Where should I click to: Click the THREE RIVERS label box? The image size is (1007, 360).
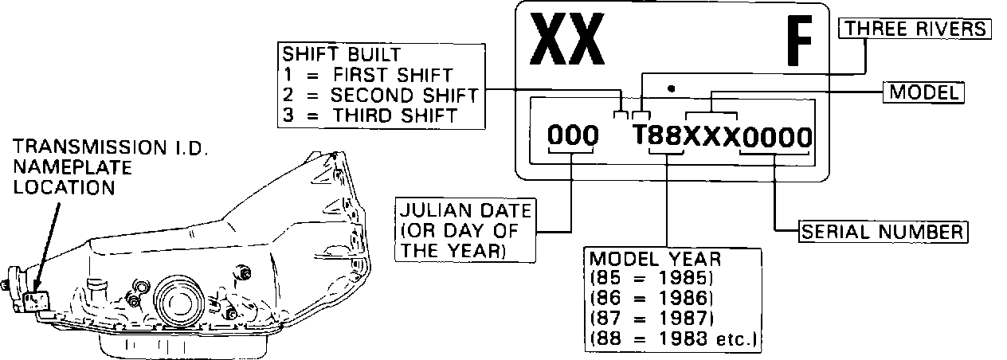[915, 29]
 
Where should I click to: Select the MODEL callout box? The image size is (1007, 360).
[923, 92]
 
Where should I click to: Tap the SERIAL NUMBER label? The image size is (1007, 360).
[883, 232]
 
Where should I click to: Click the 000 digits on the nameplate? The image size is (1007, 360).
[573, 137]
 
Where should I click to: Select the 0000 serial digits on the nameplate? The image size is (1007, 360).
[776, 138]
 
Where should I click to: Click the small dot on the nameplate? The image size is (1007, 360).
[672, 88]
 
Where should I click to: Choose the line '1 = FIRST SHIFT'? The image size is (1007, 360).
[367, 76]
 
